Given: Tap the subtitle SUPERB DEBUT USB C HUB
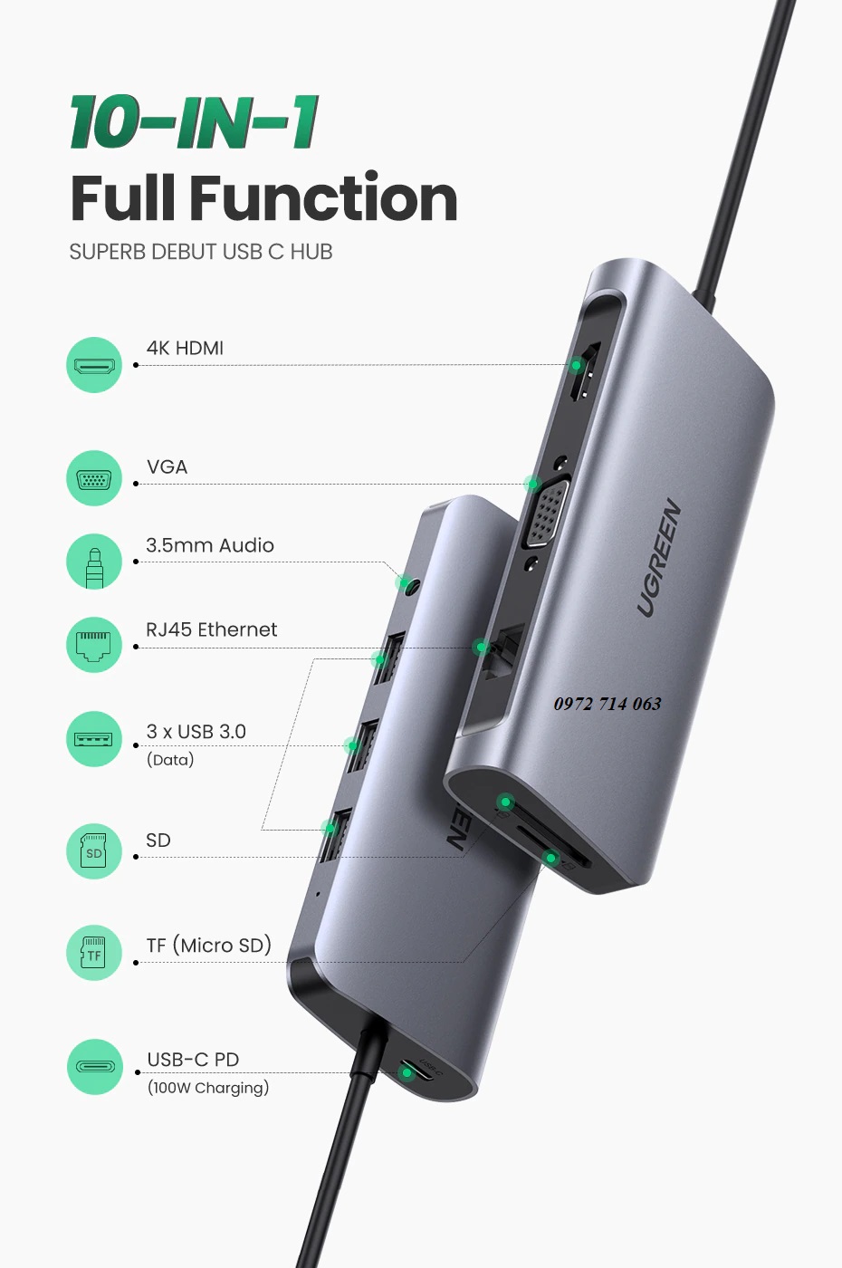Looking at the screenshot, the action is (201, 252).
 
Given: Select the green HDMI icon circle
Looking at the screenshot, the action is (94, 365).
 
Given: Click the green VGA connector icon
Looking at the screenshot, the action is (94, 478).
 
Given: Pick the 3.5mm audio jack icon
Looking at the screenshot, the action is (94, 562).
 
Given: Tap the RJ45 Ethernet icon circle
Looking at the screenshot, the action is (94, 645).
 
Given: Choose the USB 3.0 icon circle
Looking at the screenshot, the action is (94, 739).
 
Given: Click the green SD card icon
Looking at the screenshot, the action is (94, 850).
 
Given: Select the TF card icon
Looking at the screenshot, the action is (94, 953).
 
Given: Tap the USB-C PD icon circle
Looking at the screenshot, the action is (94, 1067).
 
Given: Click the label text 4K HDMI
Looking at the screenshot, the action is (185, 348).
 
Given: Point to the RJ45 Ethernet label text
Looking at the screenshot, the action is (212, 629).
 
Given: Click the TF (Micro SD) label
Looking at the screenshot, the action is (209, 946).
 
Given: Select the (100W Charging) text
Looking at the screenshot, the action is (208, 1088).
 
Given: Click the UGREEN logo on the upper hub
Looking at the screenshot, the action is (659, 558).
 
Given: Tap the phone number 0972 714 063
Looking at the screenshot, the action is (608, 704).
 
